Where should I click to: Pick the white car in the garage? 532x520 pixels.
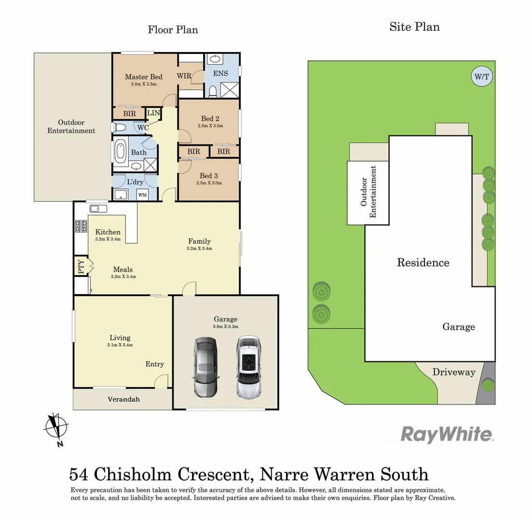[x=248, y=367]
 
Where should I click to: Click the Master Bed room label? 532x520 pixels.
[x=143, y=77]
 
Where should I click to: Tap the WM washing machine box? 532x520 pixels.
[x=142, y=195]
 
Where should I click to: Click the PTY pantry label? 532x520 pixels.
[x=80, y=267]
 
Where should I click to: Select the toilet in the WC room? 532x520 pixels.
[x=120, y=128]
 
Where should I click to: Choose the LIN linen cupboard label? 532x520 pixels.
[x=153, y=113]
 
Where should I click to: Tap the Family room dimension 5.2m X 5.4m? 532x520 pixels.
[x=200, y=248]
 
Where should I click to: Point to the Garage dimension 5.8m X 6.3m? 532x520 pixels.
[x=225, y=326]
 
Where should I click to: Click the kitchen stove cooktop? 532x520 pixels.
[x=81, y=226]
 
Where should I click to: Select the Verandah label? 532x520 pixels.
[x=123, y=399]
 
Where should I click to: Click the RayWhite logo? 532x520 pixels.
[x=446, y=434]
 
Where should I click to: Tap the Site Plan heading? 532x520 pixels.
[x=414, y=26]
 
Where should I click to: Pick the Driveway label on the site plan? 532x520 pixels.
[x=453, y=372]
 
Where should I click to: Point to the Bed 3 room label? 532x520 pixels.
[x=209, y=176]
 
